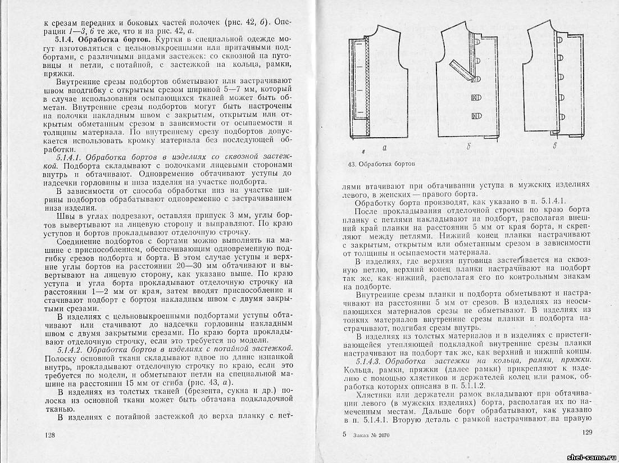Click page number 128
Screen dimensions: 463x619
(x=51, y=435)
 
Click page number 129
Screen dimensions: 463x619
(x=588, y=433)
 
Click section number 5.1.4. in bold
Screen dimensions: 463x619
(x=66, y=41)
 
